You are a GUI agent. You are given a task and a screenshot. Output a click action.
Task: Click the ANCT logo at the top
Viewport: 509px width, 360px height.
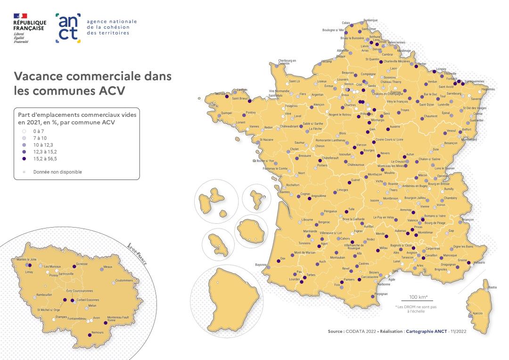tap(68, 28)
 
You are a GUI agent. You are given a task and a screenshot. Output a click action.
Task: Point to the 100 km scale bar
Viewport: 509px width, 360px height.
tap(417, 300)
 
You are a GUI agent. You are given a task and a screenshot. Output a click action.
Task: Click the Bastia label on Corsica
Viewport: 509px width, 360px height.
tap(493, 287)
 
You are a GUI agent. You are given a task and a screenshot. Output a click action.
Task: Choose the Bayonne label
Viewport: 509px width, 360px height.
tap(261, 265)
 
